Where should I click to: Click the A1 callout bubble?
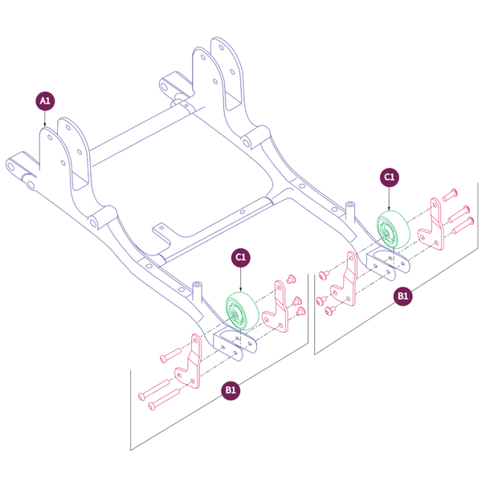[x=45, y=100]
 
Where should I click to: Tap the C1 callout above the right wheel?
[x=390, y=176]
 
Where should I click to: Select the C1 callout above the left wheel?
[x=241, y=257]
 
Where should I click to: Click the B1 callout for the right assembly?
[x=403, y=296]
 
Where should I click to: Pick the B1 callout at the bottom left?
[x=231, y=390]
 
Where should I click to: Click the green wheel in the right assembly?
[x=394, y=232]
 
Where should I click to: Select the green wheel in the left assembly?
[x=240, y=312]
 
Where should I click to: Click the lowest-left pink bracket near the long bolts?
[x=190, y=364]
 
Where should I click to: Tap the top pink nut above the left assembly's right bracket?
[x=292, y=278]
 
